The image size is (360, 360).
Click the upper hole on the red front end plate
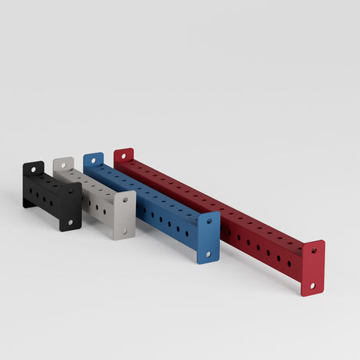click(315, 251)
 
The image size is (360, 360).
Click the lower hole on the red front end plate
click(311, 286)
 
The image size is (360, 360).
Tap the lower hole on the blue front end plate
click(207, 253)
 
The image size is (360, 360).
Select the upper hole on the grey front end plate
click(125, 200)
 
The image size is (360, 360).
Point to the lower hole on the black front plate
click(70, 222)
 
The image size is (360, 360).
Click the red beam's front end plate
click(313, 268)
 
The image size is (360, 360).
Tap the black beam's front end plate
click(70, 207)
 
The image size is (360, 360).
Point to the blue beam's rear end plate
click(93, 161)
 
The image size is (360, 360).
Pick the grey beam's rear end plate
click(63, 165)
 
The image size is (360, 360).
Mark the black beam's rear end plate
click(33, 170)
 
